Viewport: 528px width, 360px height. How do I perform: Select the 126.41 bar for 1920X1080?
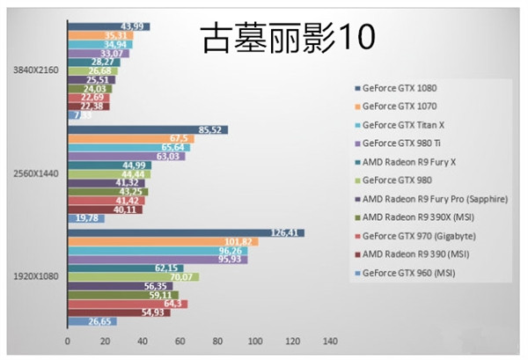pyautogui.click(x=185, y=233)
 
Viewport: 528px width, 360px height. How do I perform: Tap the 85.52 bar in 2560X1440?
pyautogui.click(x=147, y=130)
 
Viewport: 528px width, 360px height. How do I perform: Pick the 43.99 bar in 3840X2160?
pyautogui.click(x=107, y=26)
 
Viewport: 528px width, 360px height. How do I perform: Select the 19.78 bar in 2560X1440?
pyautogui.click(x=85, y=218)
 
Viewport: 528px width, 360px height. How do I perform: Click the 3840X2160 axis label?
pyautogui.click(x=36, y=70)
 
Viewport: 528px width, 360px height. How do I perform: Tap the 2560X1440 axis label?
pyautogui.click(x=36, y=174)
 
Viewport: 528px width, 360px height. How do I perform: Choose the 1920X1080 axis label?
pyautogui.click(x=36, y=276)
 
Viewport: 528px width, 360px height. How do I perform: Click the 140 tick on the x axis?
pyautogui.click(x=331, y=341)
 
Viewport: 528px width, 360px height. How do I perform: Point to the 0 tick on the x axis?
pyautogui.click(x=67, y=341)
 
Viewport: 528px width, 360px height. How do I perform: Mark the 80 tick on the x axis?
pyautogui.click(x=217, y=341)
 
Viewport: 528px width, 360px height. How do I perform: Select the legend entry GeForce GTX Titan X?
pyautogui.click(x=403, y=124)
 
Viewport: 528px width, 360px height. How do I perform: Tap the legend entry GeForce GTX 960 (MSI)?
pyautogui.click(x=411, y=272)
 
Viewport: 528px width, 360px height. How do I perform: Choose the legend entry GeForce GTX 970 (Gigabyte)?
pyautogui.click(x=417, y=235)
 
